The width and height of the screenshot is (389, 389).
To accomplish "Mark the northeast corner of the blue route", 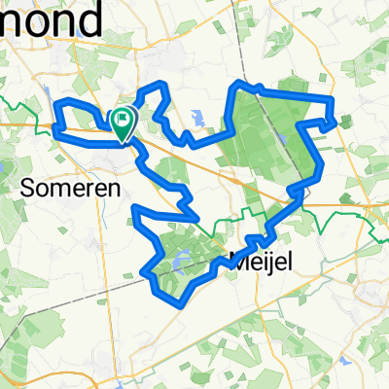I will [x=333, y=99].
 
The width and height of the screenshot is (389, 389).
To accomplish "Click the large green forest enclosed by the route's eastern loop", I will [x=263, y=136].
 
